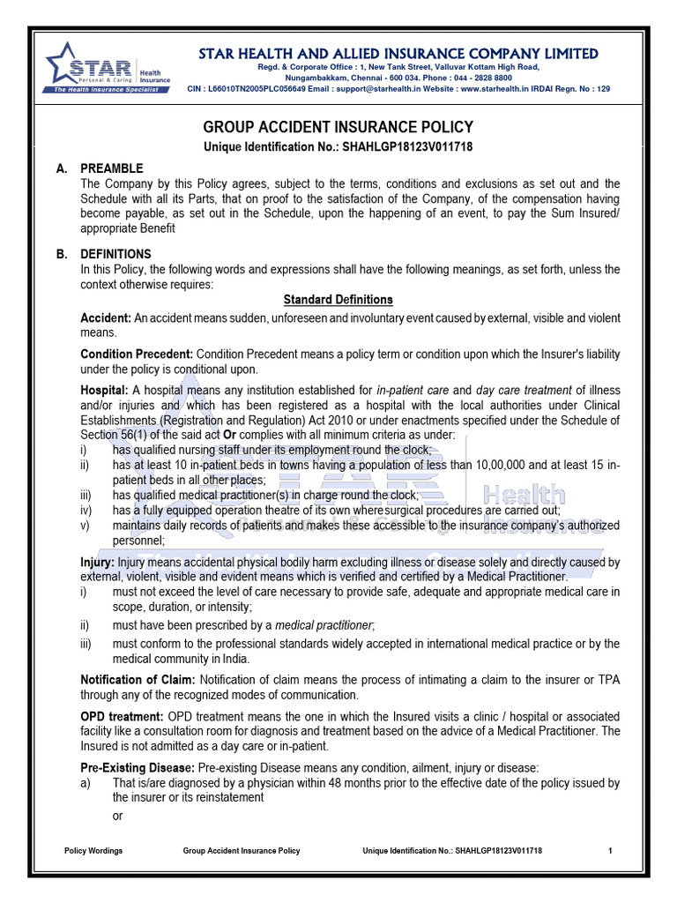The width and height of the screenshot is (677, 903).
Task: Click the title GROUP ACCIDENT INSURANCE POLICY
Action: click(338, 127)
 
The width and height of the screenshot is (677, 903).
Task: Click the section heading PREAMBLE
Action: click(112, 168)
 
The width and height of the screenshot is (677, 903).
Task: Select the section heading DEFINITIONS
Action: click(116, 254)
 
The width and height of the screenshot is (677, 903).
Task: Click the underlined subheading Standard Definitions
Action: click(338, 300)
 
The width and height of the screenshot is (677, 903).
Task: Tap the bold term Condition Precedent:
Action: click(137, 354)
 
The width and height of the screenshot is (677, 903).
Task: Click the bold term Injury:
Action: click(96, 562)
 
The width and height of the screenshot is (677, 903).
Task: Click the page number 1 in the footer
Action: click(610, 851)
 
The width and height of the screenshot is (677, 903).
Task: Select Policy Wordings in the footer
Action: click(94, 851)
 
